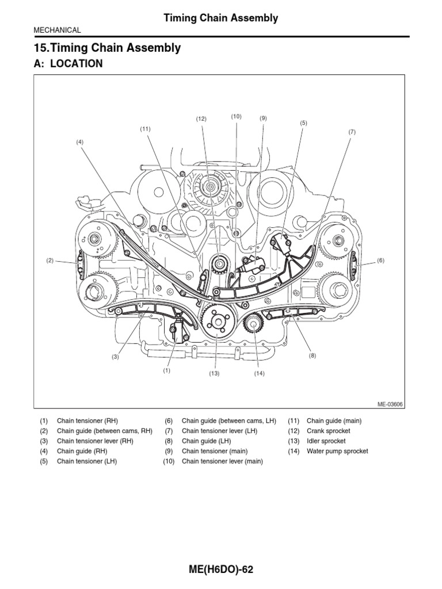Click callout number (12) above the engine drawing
pos(200,119)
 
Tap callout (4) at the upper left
pos(80,141)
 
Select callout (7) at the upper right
pos(352,132)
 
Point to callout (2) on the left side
pos(50,261)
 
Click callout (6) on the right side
pos(380,261)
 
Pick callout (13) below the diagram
pos(215,373)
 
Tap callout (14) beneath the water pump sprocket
pos(258,373)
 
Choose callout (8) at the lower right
pos(313,356)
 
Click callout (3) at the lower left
pos(115,357)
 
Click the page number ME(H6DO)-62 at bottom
pos(220,569)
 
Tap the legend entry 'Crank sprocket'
pos(328,431)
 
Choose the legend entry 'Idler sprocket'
pos(326,441)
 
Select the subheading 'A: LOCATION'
pos(68,64)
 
